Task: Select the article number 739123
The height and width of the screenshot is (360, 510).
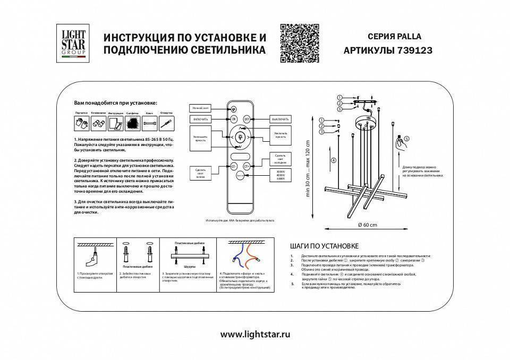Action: [x=414, y=51]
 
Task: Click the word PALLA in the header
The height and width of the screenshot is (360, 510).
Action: [x=407, y=37]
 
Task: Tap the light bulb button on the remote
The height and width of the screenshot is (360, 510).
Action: [x=241, y=137]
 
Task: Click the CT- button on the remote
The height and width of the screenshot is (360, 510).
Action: [x=233, y=166]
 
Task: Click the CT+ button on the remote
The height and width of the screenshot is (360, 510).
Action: [x=248, y=166]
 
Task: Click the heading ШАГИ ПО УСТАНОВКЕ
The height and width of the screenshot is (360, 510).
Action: [x=325, y=246]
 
